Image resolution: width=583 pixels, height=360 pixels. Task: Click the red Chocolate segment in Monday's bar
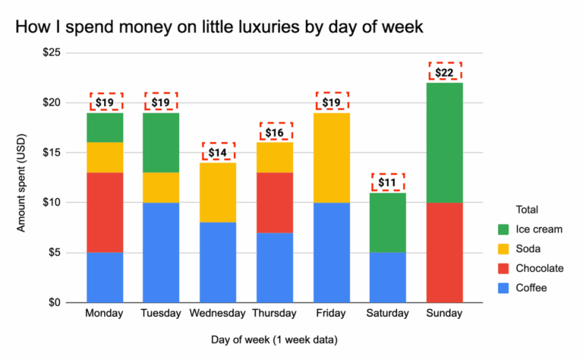click(105, 213)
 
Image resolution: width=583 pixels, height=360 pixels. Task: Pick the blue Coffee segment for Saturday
click(388, 277)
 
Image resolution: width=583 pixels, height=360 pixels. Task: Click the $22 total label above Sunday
click(445, 72)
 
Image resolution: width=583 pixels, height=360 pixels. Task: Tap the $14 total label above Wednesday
click(219, 152)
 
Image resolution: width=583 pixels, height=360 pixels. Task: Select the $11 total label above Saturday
click(388, 182)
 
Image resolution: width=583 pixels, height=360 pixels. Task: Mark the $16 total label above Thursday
click(276, 132)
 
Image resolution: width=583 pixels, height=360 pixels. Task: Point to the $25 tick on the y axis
click(55, 53)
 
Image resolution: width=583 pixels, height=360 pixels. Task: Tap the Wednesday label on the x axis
click(219, 314)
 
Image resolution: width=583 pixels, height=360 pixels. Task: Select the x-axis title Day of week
click(274, 339)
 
